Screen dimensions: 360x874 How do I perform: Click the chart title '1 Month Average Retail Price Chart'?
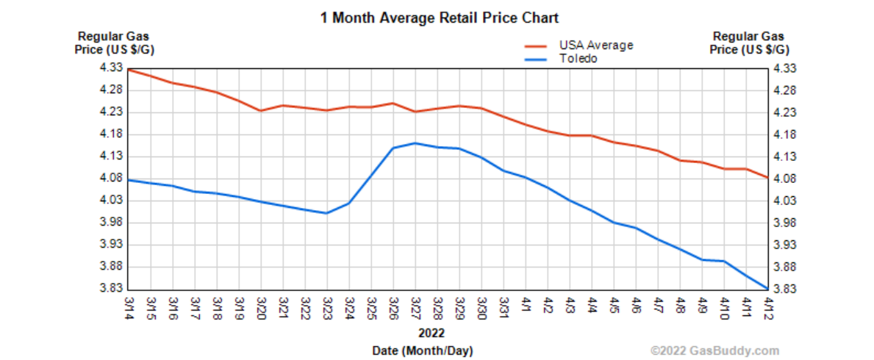pyautogui.click(x=439, y=17)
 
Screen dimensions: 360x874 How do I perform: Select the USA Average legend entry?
pyautogui.click(x=595, y=46)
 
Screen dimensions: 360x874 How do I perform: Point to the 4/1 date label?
pyautogui.click(x=526, y=303)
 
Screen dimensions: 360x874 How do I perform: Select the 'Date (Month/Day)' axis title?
pyautogui.click(x=437, y=350)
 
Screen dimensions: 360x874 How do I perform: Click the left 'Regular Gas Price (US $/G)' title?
pyautogui.click(x=114, y=43)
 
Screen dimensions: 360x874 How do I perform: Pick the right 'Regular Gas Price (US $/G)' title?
pyautogui.click(x=748, y=43)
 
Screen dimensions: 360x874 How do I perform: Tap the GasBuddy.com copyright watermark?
pyautogui.click(x=714, y=350)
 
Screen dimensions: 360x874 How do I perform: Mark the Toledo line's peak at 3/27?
pyautogui.click(x=415, y=143)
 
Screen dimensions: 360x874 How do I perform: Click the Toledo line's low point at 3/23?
pyautogui.click(x=326, y=213)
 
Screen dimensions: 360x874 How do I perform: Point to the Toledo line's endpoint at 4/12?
pyautogui.click(x=767, y=289)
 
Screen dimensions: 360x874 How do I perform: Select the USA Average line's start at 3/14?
pyautogui.click(x=129, y=69)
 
